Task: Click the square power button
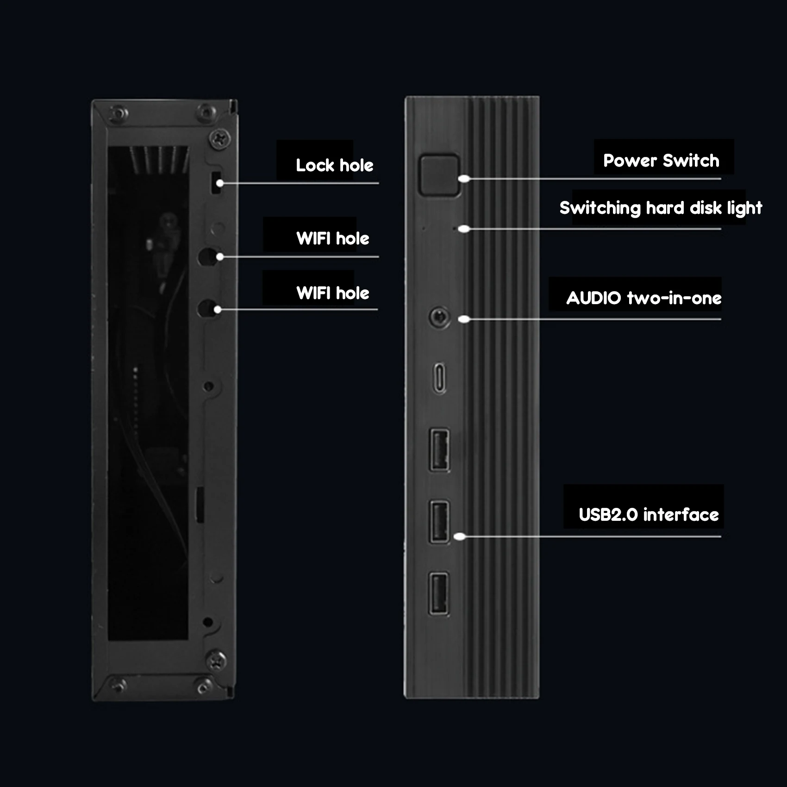pos(439,175)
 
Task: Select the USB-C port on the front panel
pos(440,378)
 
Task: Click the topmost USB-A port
pos(439,450)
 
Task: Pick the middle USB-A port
pos(439,522)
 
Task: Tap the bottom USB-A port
pos(439,594)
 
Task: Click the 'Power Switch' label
pos(661,161)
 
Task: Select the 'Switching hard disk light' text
pos(660,208)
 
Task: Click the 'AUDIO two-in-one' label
pos(643,298)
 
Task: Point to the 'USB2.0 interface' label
pos(648,514)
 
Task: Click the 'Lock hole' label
pos(334,165)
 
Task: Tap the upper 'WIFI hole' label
pos(332,238)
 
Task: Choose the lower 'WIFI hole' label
pos(332,293)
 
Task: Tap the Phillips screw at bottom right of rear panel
pos(216,659)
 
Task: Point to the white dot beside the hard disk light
pos(464,229)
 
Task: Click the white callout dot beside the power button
pos(464,179)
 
